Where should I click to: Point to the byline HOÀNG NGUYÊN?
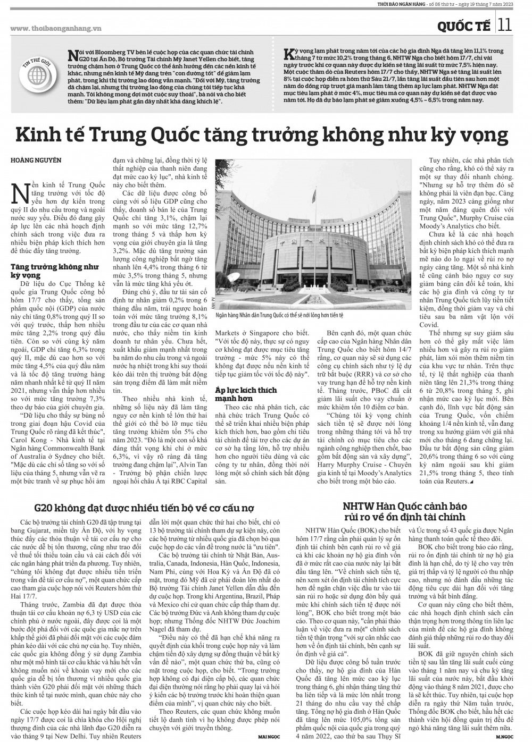point(36,160)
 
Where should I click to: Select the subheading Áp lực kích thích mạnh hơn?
point(246,394)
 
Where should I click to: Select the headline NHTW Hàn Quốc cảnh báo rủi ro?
point(404,510)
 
